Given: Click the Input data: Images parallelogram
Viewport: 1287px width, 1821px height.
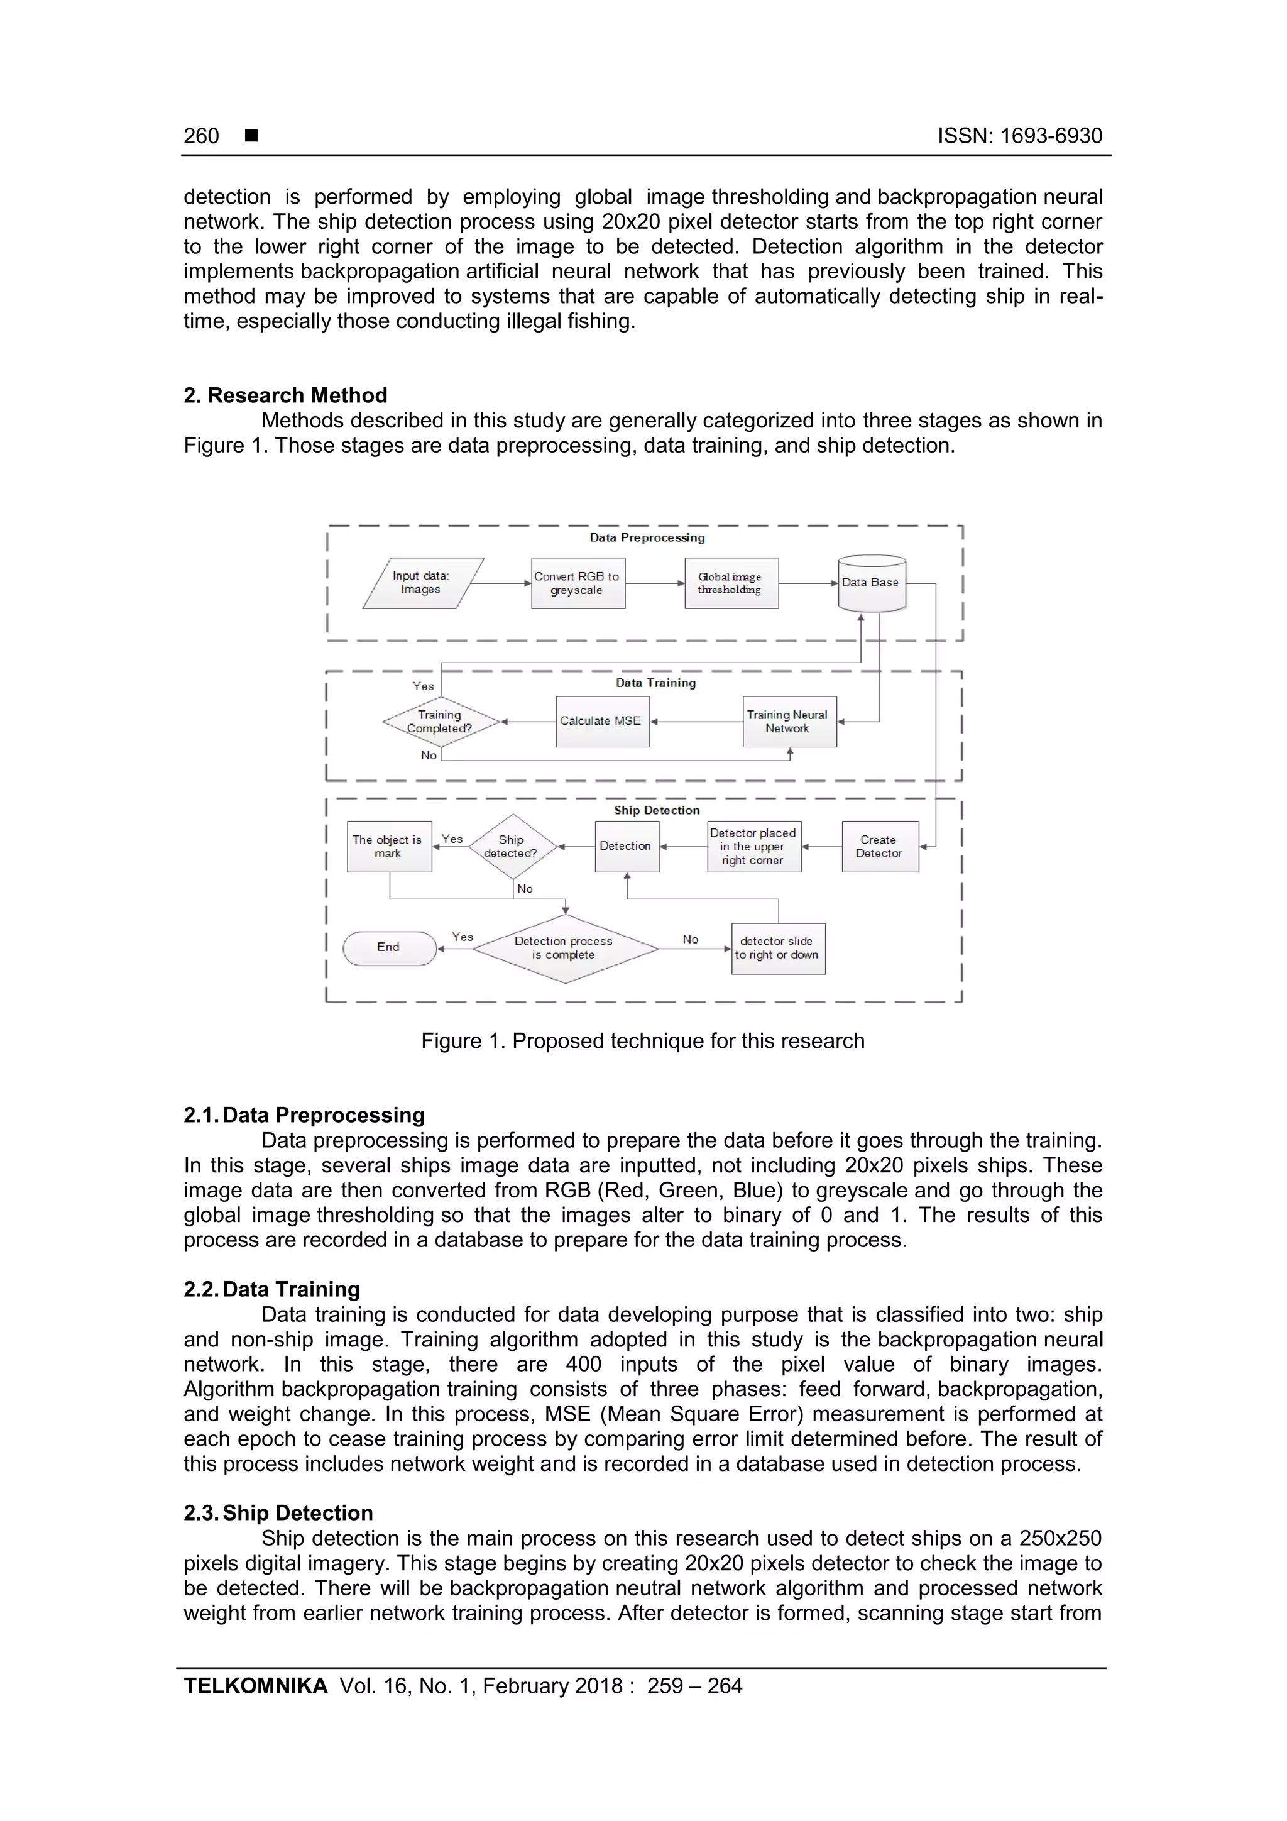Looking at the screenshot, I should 422,583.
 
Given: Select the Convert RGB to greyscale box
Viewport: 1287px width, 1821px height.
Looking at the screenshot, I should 578,583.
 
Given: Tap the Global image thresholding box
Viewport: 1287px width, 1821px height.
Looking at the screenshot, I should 730,583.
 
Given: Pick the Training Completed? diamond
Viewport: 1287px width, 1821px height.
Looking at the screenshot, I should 440,722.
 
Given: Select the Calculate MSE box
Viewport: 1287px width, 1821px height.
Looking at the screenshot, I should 602,721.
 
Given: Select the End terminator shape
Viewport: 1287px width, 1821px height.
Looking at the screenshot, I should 388,948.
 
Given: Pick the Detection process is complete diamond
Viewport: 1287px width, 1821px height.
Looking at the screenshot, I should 564,948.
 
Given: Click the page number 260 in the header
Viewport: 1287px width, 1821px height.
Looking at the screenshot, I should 202,136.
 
